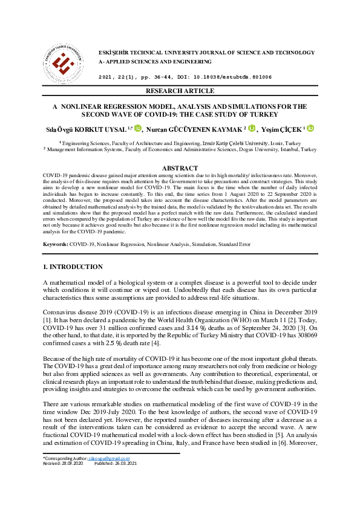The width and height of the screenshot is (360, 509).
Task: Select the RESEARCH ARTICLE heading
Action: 180,91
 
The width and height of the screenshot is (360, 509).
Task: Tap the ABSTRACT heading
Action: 180,168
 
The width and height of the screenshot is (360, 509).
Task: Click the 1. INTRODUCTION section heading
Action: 73,267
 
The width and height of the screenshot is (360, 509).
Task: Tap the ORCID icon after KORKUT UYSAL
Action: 138,128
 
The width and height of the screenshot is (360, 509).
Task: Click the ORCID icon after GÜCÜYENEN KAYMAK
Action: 251,128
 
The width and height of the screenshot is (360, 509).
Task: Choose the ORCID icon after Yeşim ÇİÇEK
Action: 311,128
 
